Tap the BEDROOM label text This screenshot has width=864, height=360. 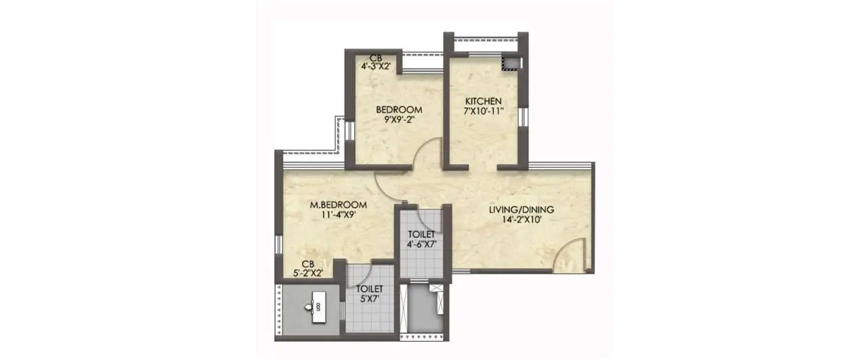[x=399, y=109]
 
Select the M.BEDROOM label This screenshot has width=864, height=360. [x=338, y=205]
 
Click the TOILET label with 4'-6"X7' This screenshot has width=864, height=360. [x=422, y=234]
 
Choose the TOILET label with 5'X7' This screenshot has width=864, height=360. [x=370, y=288]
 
